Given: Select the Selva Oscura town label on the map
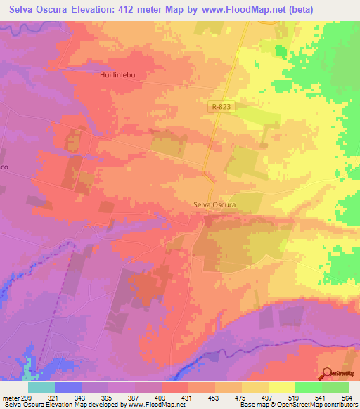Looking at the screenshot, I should tap(214, 205).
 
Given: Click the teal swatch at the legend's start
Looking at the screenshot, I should tap(41, 387).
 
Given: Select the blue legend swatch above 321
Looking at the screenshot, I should tap(68, 387).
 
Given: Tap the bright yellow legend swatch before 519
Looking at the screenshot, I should tap(281, 387).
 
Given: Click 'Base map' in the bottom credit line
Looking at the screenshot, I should tap(254, 405).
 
